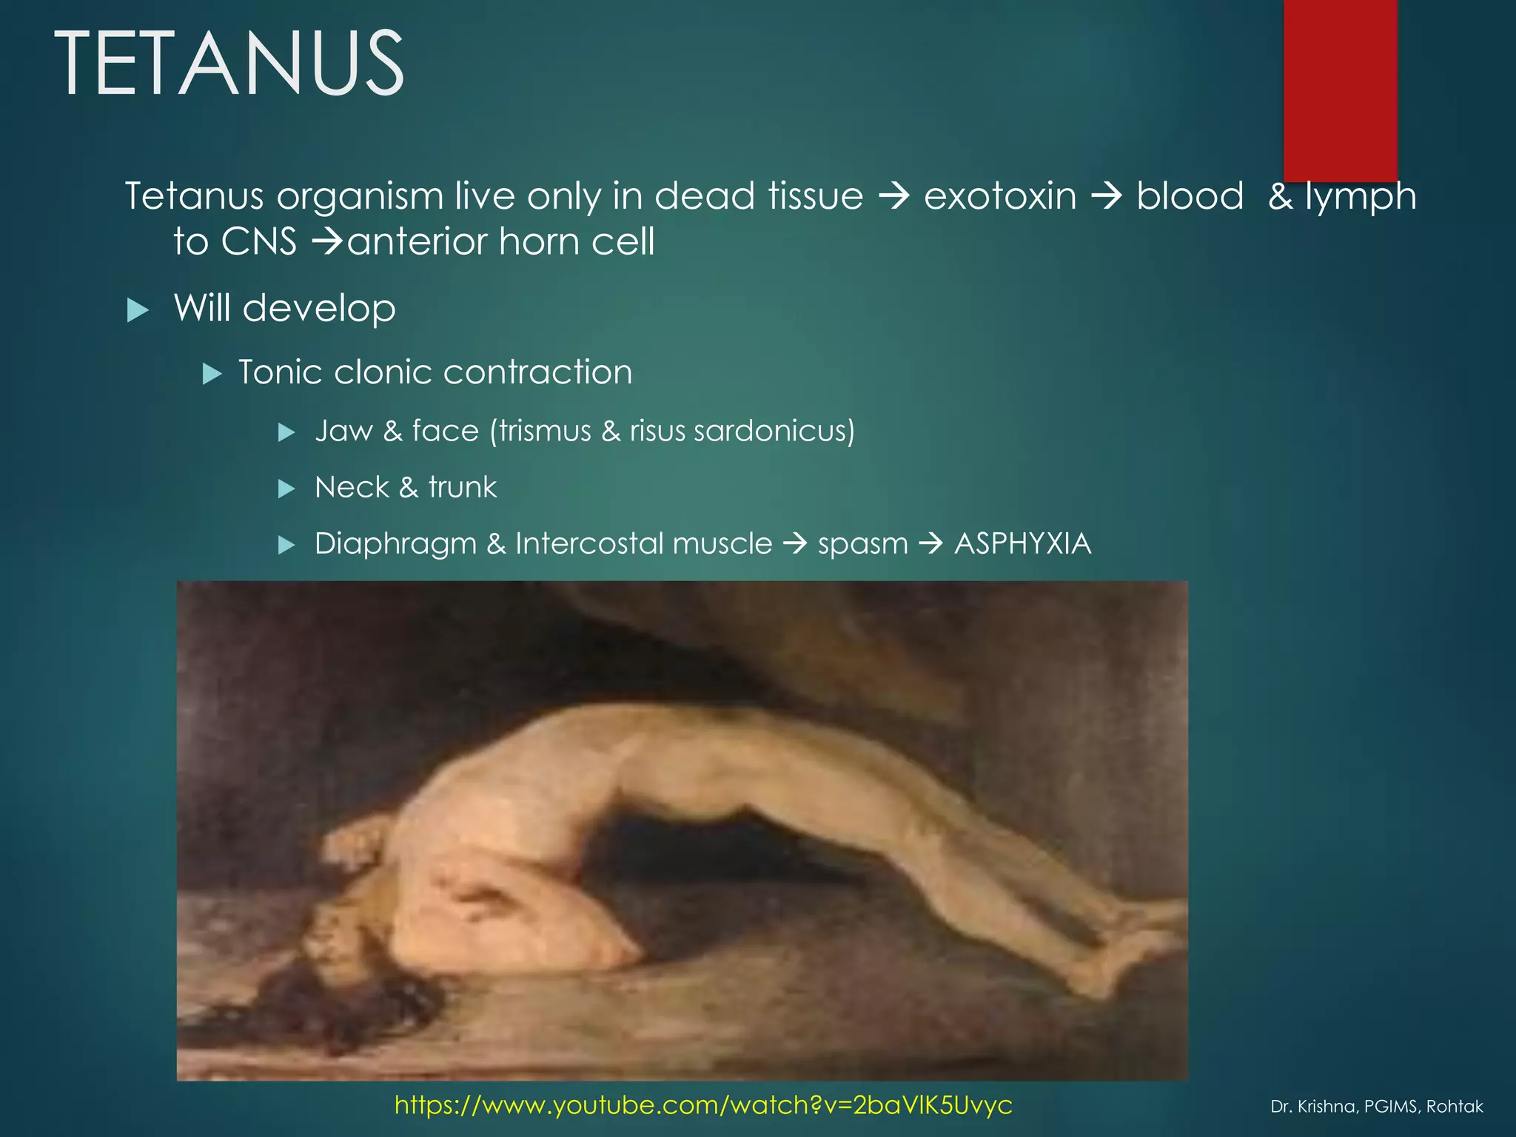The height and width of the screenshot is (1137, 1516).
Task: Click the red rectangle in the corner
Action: tap(1340, 89)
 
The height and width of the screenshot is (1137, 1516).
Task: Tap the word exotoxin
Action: tap(1000, 197)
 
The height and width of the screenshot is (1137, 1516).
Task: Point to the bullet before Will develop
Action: tap(138, 309)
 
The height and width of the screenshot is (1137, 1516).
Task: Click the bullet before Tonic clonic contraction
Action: tap(212, 374)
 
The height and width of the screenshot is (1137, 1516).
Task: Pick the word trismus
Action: tap(545, 431)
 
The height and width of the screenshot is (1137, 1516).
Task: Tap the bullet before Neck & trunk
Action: tap(286, 489)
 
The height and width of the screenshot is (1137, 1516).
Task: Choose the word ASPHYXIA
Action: tap(1022, 544)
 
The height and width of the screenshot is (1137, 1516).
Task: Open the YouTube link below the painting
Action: tap(703, 1104)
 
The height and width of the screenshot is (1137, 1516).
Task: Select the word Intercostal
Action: tap(643, 544)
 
